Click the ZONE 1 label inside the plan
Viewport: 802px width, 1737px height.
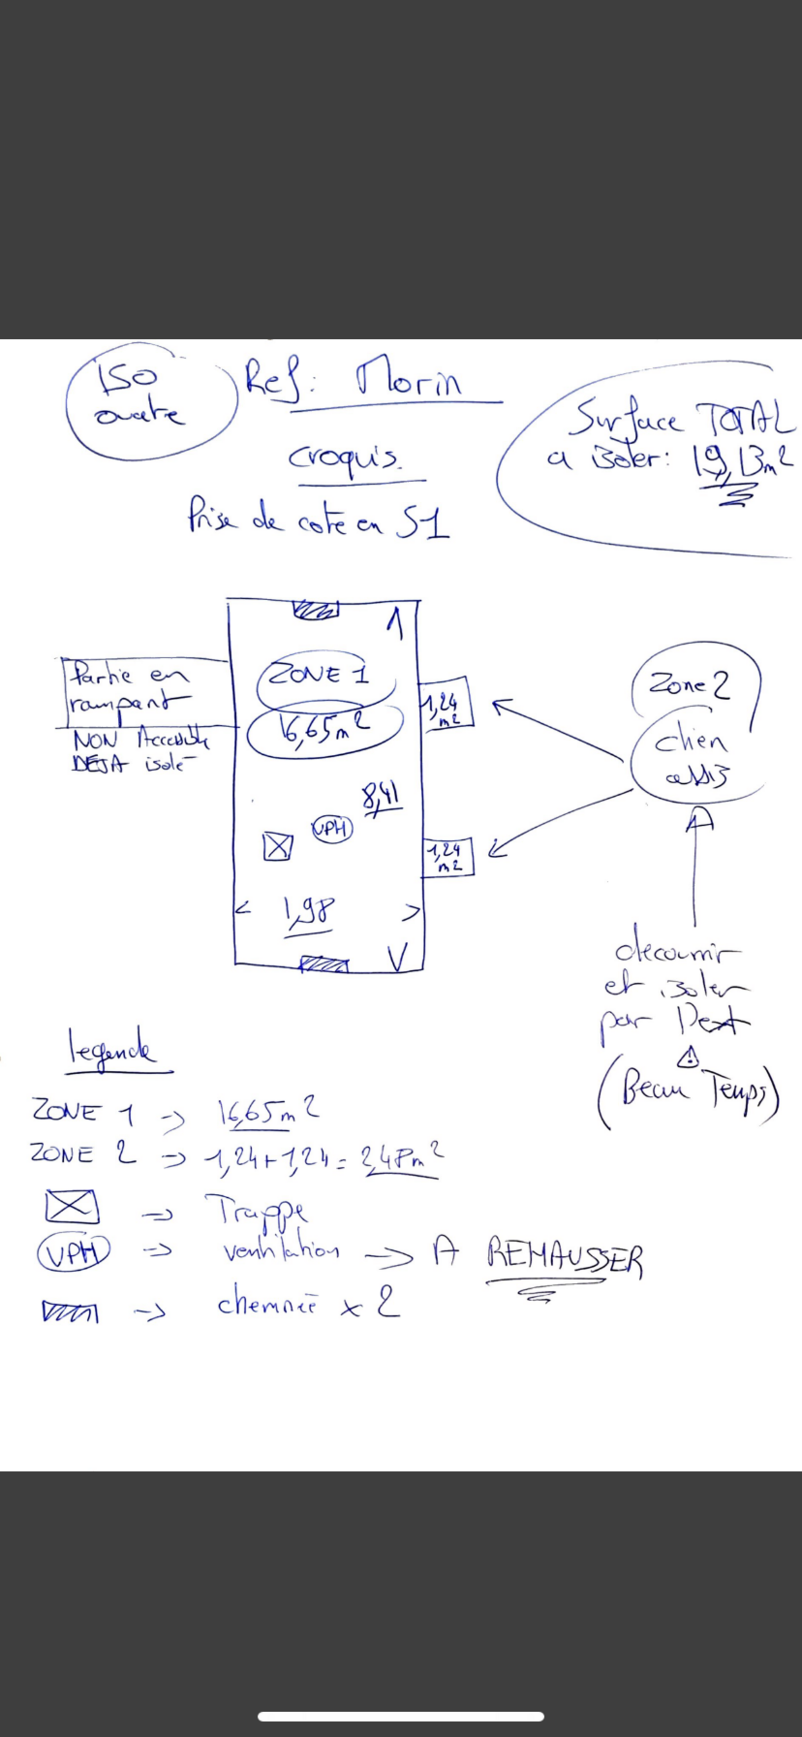319,675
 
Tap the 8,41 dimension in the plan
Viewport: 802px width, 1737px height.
381,799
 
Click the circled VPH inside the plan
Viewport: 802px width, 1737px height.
332,829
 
